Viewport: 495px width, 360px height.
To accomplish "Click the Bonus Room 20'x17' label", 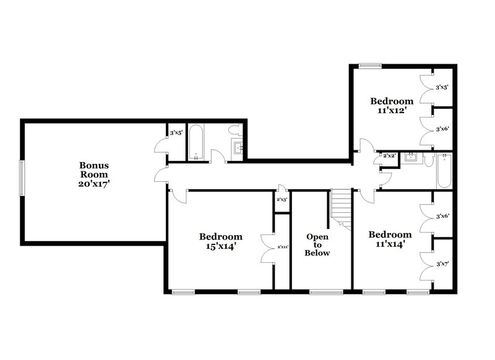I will click(x=94, y=174).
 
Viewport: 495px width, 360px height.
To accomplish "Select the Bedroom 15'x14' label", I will click(x=220, y=241).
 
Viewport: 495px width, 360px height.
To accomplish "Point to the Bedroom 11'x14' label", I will click(x=390, y=239).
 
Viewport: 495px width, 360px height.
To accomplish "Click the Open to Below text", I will click(x=318, y=244).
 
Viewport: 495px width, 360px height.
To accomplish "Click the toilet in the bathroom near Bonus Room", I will click(x=235, y=131).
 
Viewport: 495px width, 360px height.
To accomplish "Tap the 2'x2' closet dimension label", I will click(x=389, y=156).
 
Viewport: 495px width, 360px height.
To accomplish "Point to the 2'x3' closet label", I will click(x=282, y=199).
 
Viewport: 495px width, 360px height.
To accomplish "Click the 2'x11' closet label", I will click(x=283, y=247).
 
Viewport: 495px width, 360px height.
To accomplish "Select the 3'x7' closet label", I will click(x=442, y=264).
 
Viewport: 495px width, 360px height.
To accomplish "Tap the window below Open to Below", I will click(x=321, y=292).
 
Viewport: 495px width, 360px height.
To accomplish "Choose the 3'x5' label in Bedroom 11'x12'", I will click(x=442, y=88).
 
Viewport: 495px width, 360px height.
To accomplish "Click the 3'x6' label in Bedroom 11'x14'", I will click(x=442, y=216).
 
